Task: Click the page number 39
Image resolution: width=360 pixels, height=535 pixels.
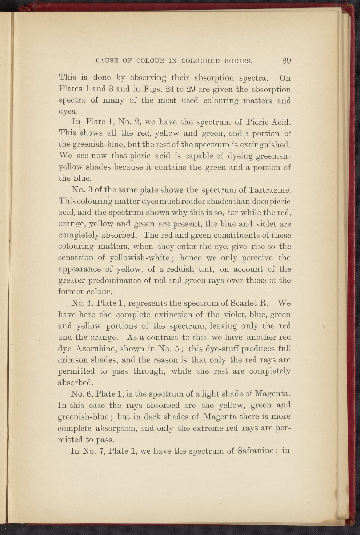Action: click(x=286, y=61)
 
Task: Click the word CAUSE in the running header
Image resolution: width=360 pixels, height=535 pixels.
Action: click(x=104, y=62)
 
